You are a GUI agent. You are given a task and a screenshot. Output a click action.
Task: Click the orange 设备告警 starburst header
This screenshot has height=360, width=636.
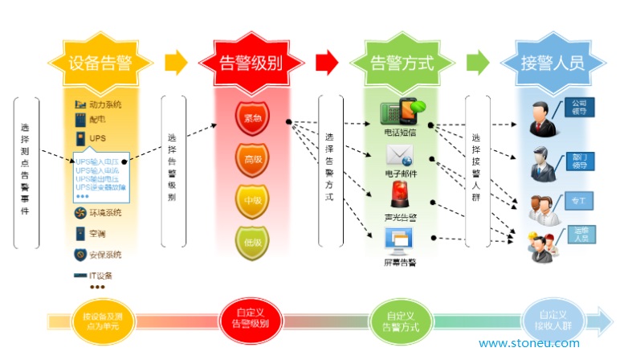[100, 63]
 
